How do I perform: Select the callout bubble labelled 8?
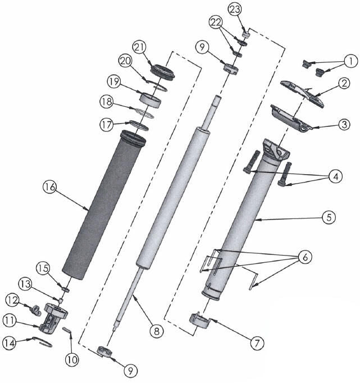[x=157, y=331]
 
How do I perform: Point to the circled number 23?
[x=235, y=10]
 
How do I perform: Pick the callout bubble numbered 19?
[x=114, y=83]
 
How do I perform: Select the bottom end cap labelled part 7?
[x=199, y=322]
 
